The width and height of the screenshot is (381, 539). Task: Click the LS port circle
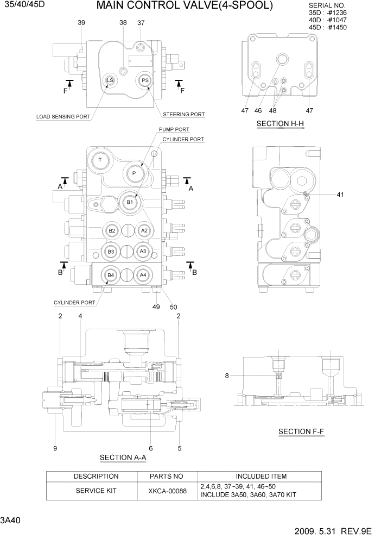click(x=110, y=80)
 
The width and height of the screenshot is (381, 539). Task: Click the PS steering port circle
click(x=145, y=80)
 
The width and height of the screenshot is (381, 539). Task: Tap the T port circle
click(x=100, y=160)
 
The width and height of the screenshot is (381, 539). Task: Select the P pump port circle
click(x=134, y=173)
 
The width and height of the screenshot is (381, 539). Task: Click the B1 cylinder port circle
click(x=129, y=202)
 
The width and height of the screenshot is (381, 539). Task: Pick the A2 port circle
click(x=144, y=230)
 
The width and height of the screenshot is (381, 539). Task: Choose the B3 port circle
click(x=111, y=252)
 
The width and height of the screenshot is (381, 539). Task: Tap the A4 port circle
click(x=143, y=275)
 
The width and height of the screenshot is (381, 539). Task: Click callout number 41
click(x=340, y=194)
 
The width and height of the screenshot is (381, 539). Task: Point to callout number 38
click(x=123, y=23)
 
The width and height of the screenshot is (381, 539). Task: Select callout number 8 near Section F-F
click(x=227, y=375)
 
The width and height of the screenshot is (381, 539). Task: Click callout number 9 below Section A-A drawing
click(x=55, y=448)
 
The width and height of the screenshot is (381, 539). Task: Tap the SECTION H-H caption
click(x=280, y=124)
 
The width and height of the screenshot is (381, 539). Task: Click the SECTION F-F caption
click(x=302, y=431)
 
